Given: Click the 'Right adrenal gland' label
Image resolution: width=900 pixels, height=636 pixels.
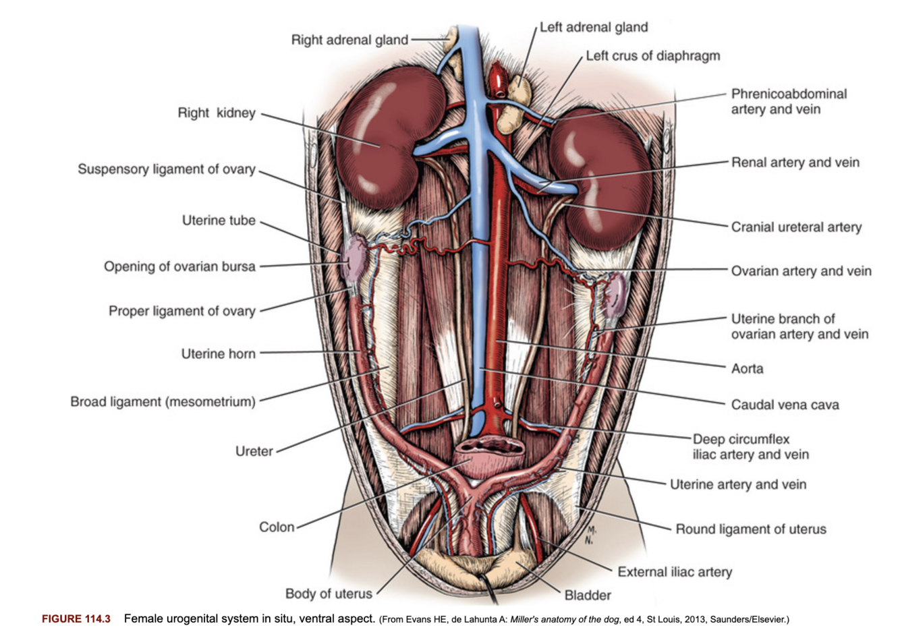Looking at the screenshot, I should pos(349,40).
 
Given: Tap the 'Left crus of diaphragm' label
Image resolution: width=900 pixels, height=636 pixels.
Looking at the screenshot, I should pos(652,56).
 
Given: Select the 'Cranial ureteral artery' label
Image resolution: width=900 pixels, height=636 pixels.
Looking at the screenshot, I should pos(796,227).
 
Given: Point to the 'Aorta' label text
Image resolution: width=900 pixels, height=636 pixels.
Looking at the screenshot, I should pos(747,369).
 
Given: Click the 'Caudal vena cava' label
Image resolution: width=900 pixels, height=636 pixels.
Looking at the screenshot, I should pos(785,405).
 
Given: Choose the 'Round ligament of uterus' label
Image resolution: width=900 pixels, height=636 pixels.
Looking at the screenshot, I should pos(750,529).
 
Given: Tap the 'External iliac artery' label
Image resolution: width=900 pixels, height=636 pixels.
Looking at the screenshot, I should pos(675,572).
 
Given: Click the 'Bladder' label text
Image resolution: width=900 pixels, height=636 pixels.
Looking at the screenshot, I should pos(588,595).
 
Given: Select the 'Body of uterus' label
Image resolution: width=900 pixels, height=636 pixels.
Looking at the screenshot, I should pos(329,594).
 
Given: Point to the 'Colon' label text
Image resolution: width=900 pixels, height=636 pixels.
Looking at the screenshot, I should pos(277,527).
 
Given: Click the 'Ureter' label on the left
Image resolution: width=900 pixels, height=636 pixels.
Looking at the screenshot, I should pos(254,451).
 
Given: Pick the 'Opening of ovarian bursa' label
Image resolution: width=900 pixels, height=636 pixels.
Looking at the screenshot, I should pos(179,266).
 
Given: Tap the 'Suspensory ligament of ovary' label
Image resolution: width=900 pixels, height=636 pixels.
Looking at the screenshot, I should pos(167,169).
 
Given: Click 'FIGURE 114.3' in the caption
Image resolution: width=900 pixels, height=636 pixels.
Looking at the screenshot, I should pos(76,619).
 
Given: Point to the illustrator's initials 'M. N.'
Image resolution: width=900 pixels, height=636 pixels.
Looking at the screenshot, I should pos(590,534).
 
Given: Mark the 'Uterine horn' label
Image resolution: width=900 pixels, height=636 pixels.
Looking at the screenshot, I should pos(218,353).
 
